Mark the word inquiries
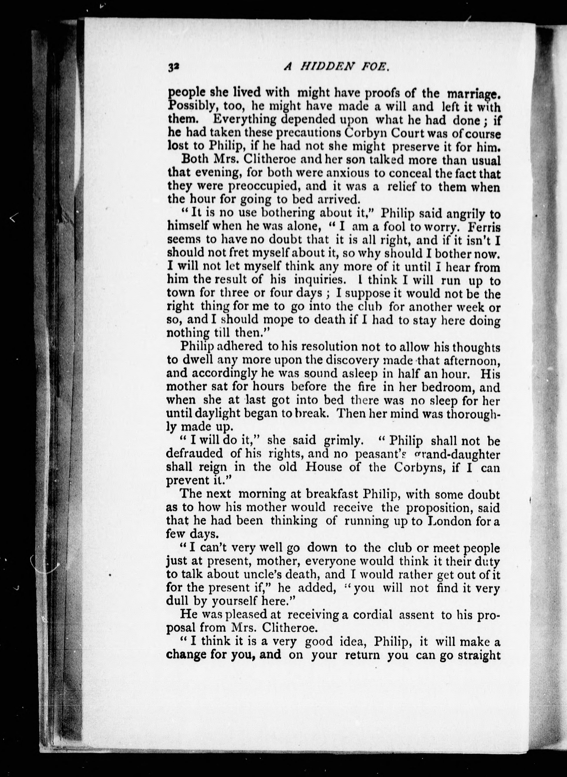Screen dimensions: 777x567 [319, 280]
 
